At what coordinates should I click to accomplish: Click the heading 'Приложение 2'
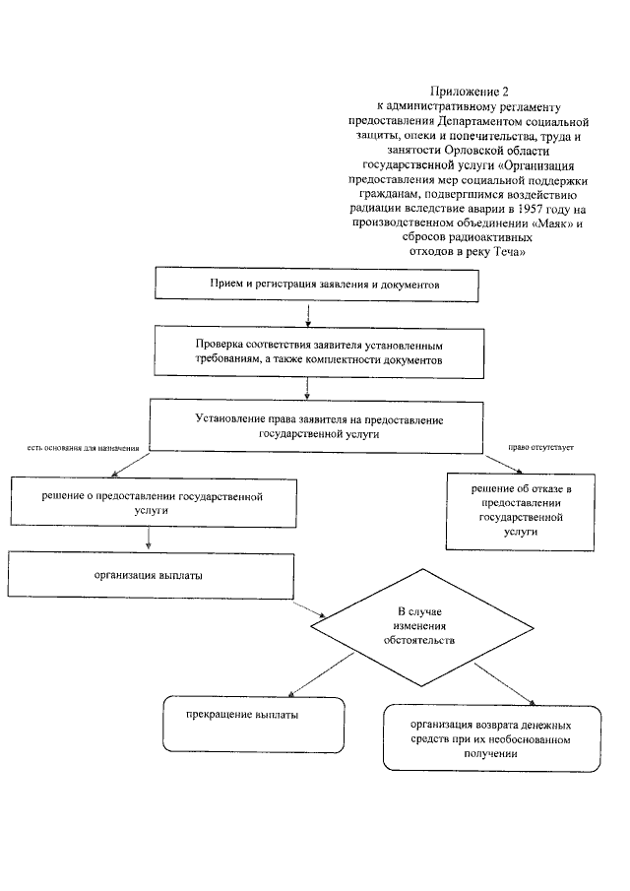[469, 91]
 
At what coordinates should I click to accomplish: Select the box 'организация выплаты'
[150, 574]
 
